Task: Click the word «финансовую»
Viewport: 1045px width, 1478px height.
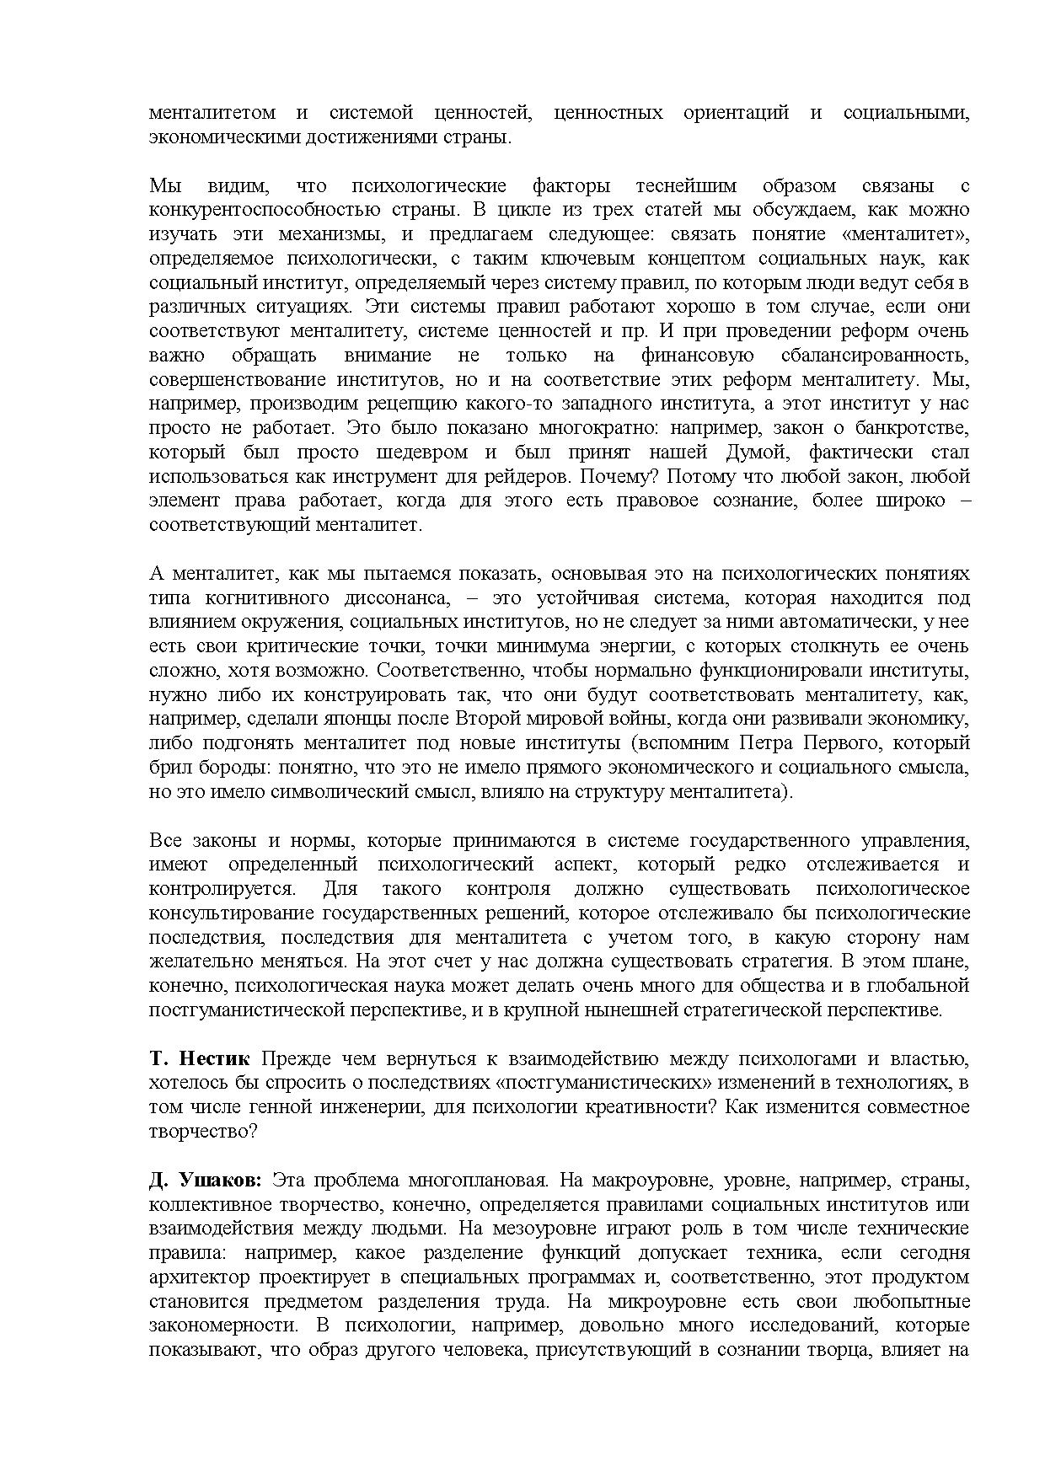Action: (698, 356)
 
